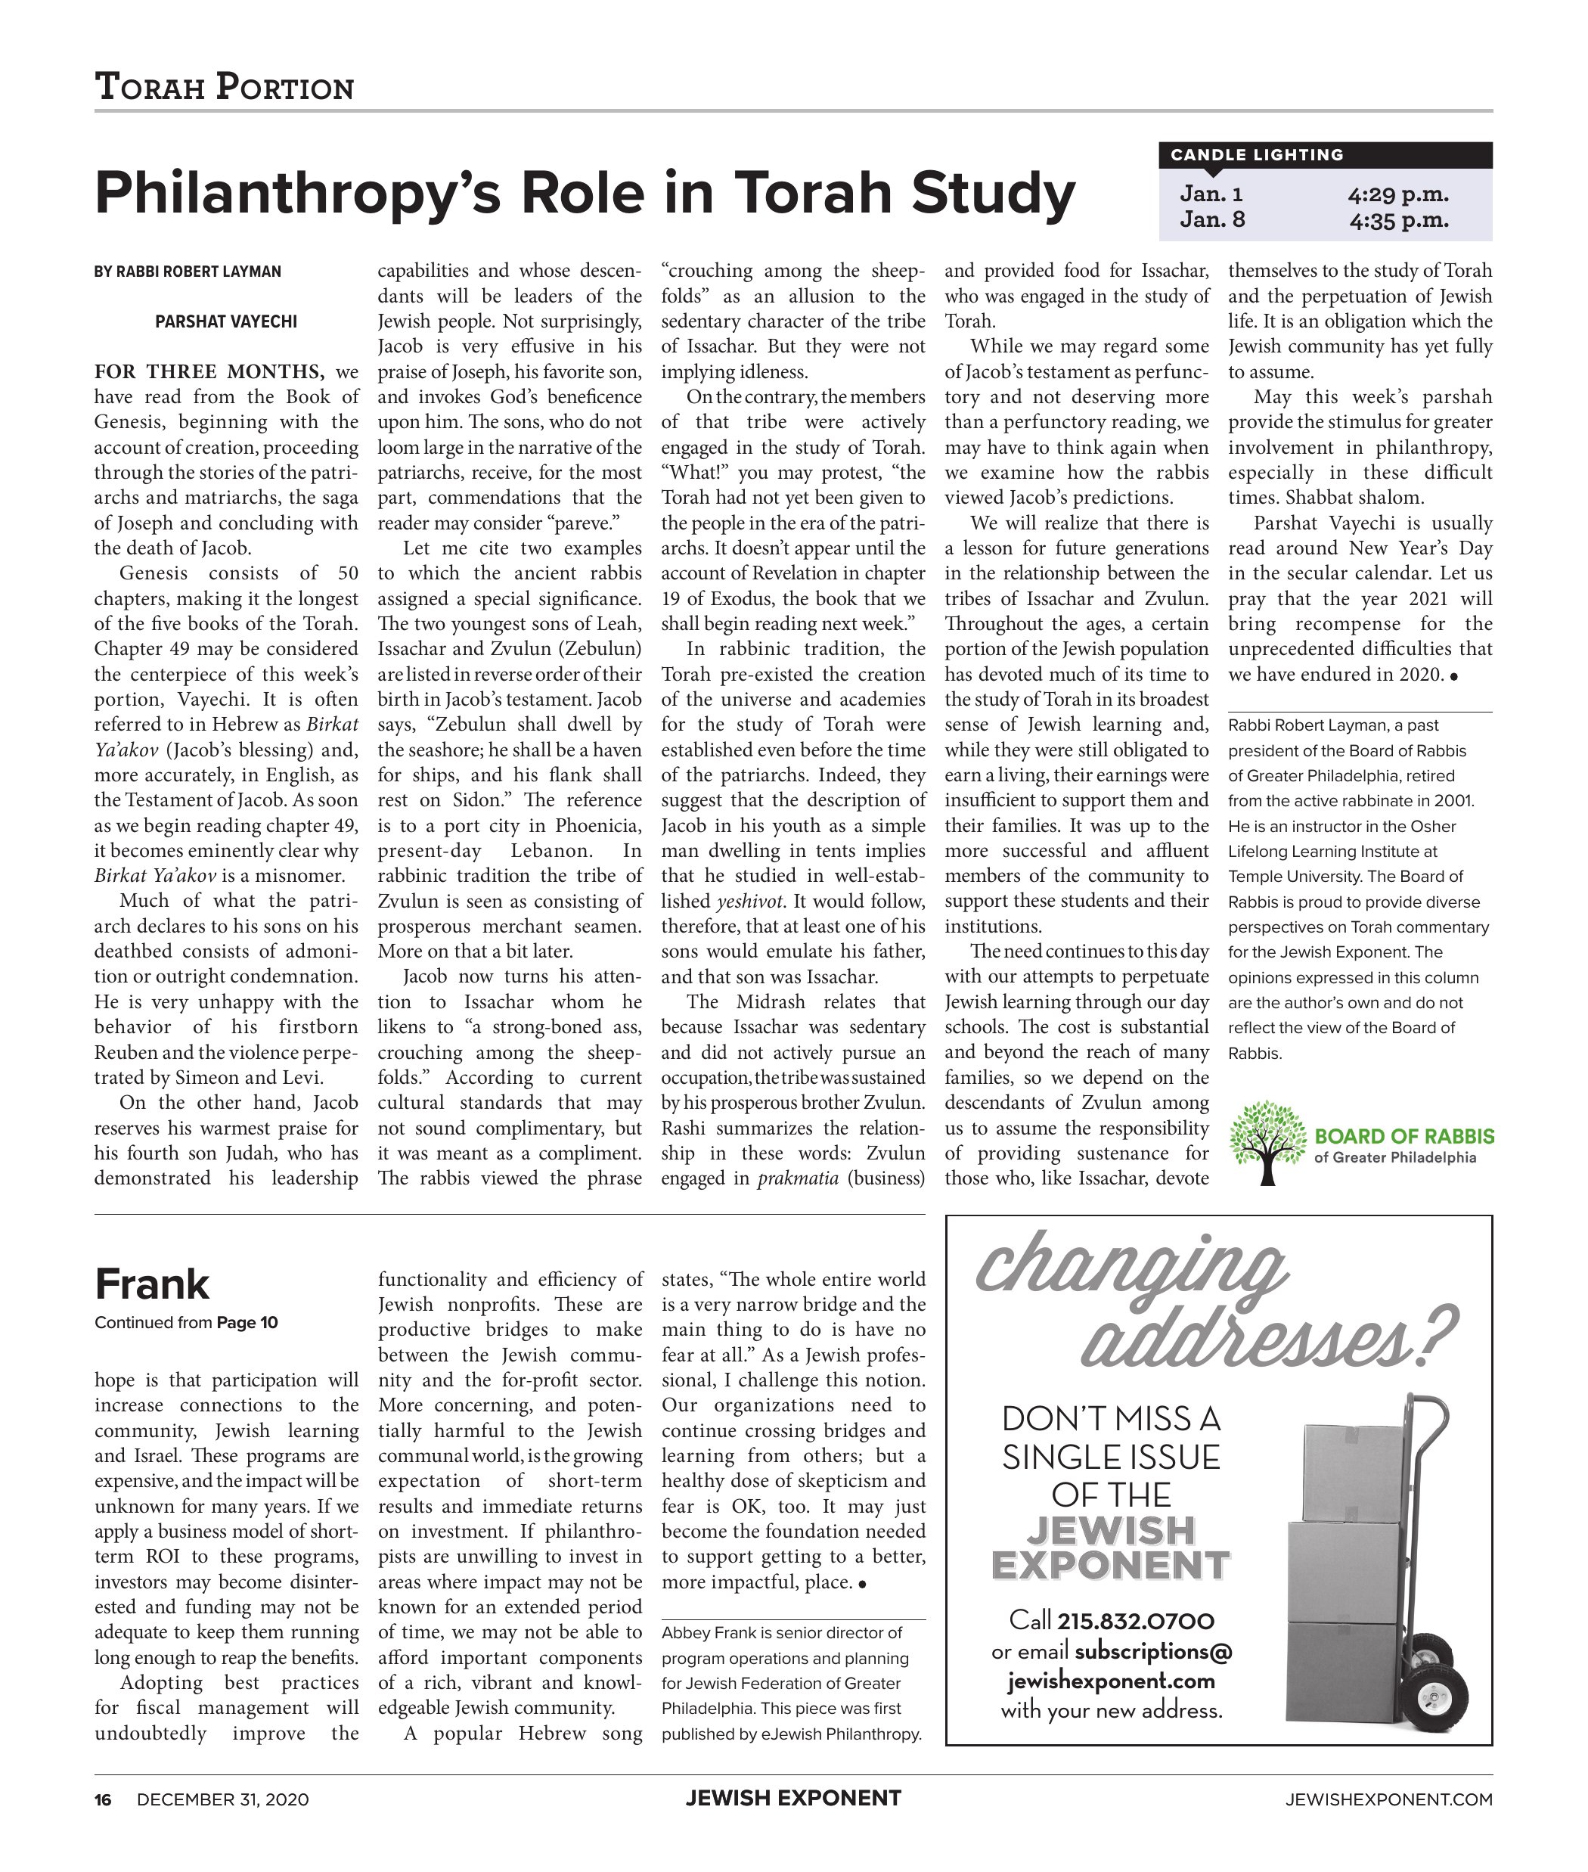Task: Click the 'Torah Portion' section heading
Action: (x=224, y=87)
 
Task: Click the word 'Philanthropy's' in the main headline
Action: (x=297, y=194)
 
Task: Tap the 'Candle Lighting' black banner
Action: (x=1324, y=155)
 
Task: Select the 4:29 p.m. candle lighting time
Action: (x=1398, y=194)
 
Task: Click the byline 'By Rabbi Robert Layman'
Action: (x=188, y=271)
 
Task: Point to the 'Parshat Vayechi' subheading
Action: (x=226, y=321)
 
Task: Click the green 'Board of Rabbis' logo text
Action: (x=1403, y=1136)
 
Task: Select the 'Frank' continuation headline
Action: (x=152, y=1285)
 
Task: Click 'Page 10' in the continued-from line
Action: (x=247, y=1323)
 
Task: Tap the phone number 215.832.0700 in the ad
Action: (x=1135, y=1622)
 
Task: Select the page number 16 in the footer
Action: (x=103, y=1800)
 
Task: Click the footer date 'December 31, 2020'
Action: (x=222, y=1800)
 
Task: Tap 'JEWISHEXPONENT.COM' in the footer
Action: (x=1388, y=1800)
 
